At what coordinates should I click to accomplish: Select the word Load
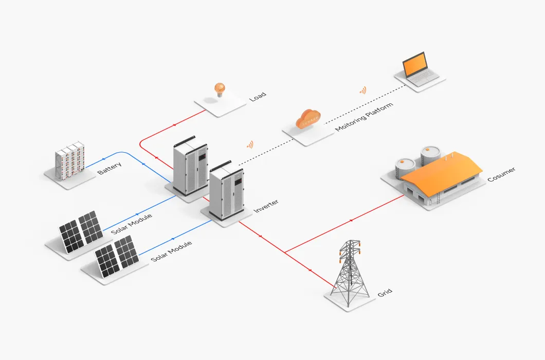tap(258, 97)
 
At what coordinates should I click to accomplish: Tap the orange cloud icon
tap(308, 119)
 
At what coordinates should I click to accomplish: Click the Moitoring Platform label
tap(364, 117)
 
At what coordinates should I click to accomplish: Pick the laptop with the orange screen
tap(416, 68)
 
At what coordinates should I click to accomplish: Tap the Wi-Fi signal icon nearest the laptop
tap(363, 91)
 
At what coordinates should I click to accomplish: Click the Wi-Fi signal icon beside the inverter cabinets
tap(250, 145)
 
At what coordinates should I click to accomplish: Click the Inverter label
tap(266, 206)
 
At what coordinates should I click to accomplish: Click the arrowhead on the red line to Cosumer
tap(351, 221)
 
